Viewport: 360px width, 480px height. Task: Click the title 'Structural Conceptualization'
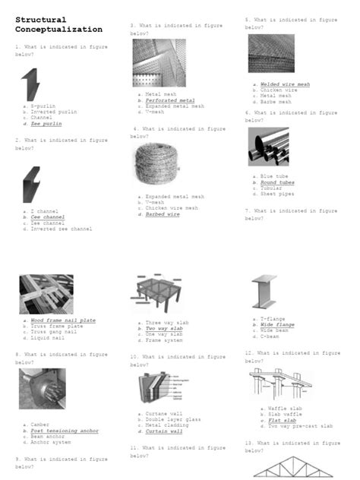pos(58,24)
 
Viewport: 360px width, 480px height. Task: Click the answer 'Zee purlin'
pos(47,124)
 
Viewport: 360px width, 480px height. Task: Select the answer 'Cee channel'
pos(48,217)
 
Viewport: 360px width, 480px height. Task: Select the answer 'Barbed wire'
pos(163,214)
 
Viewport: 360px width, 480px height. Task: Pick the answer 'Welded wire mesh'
pos(284,84)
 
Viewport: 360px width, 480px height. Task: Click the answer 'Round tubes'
pos(277,183)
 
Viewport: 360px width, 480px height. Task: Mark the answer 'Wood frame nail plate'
pos(63,321)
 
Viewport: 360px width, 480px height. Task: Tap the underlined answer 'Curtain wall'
pos(164,431)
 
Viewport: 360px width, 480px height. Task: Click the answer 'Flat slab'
pos(282,420)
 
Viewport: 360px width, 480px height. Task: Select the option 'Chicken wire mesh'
pos(172,208)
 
